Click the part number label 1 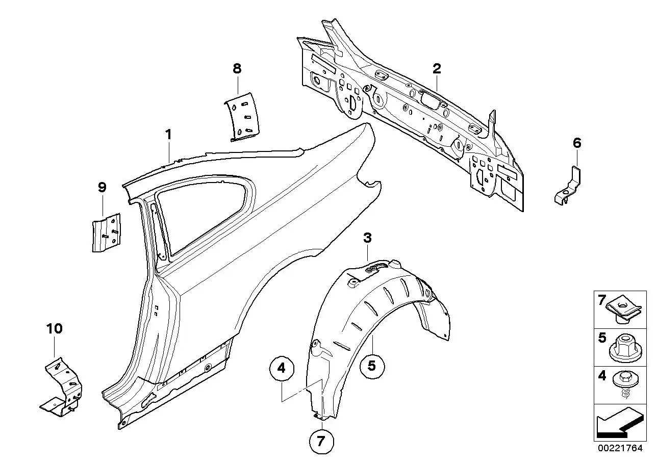(x=168, y=135)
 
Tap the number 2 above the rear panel (x=437, y=69)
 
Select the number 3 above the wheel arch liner (x=367, y=238)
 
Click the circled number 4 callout (x=282, y=368)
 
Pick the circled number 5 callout (x=372, y=366)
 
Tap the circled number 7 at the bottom (x=321, y=441)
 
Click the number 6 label (x=576, y=143)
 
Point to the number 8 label (x=237, y=69)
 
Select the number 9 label (x=102, y=187)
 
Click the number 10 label (x=55, y=329)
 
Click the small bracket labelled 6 (x=568, y=186)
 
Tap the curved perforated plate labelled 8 (x=242, y=117)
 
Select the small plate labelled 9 (x=106, y=233)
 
